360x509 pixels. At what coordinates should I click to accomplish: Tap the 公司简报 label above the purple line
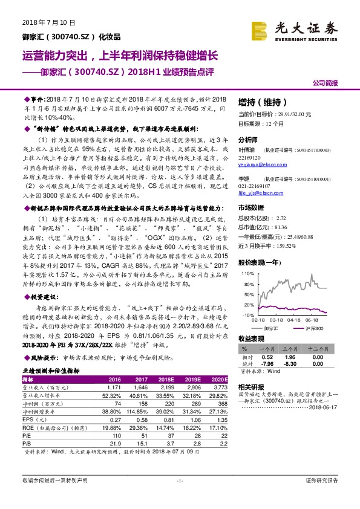(x=325, y=82)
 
